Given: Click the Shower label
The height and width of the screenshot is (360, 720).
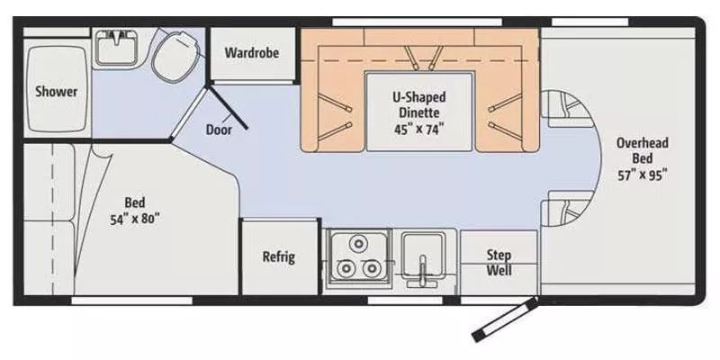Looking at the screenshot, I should click(x=56, y=91).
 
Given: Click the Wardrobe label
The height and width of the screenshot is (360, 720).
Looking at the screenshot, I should click(x=251, y=52).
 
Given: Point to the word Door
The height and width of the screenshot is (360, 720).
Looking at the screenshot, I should click(x=219, y=129).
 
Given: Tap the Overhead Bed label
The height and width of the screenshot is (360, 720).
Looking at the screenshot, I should click(x=642, y=150).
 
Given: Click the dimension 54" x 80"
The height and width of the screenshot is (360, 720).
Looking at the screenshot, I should click(x=136, y=219).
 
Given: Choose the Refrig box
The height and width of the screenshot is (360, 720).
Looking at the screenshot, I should click(x=278, y=256).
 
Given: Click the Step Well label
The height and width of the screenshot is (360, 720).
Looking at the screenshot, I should click(x=499, y=262).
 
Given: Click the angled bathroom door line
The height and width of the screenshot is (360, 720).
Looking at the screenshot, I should click(x=229, y=109).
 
